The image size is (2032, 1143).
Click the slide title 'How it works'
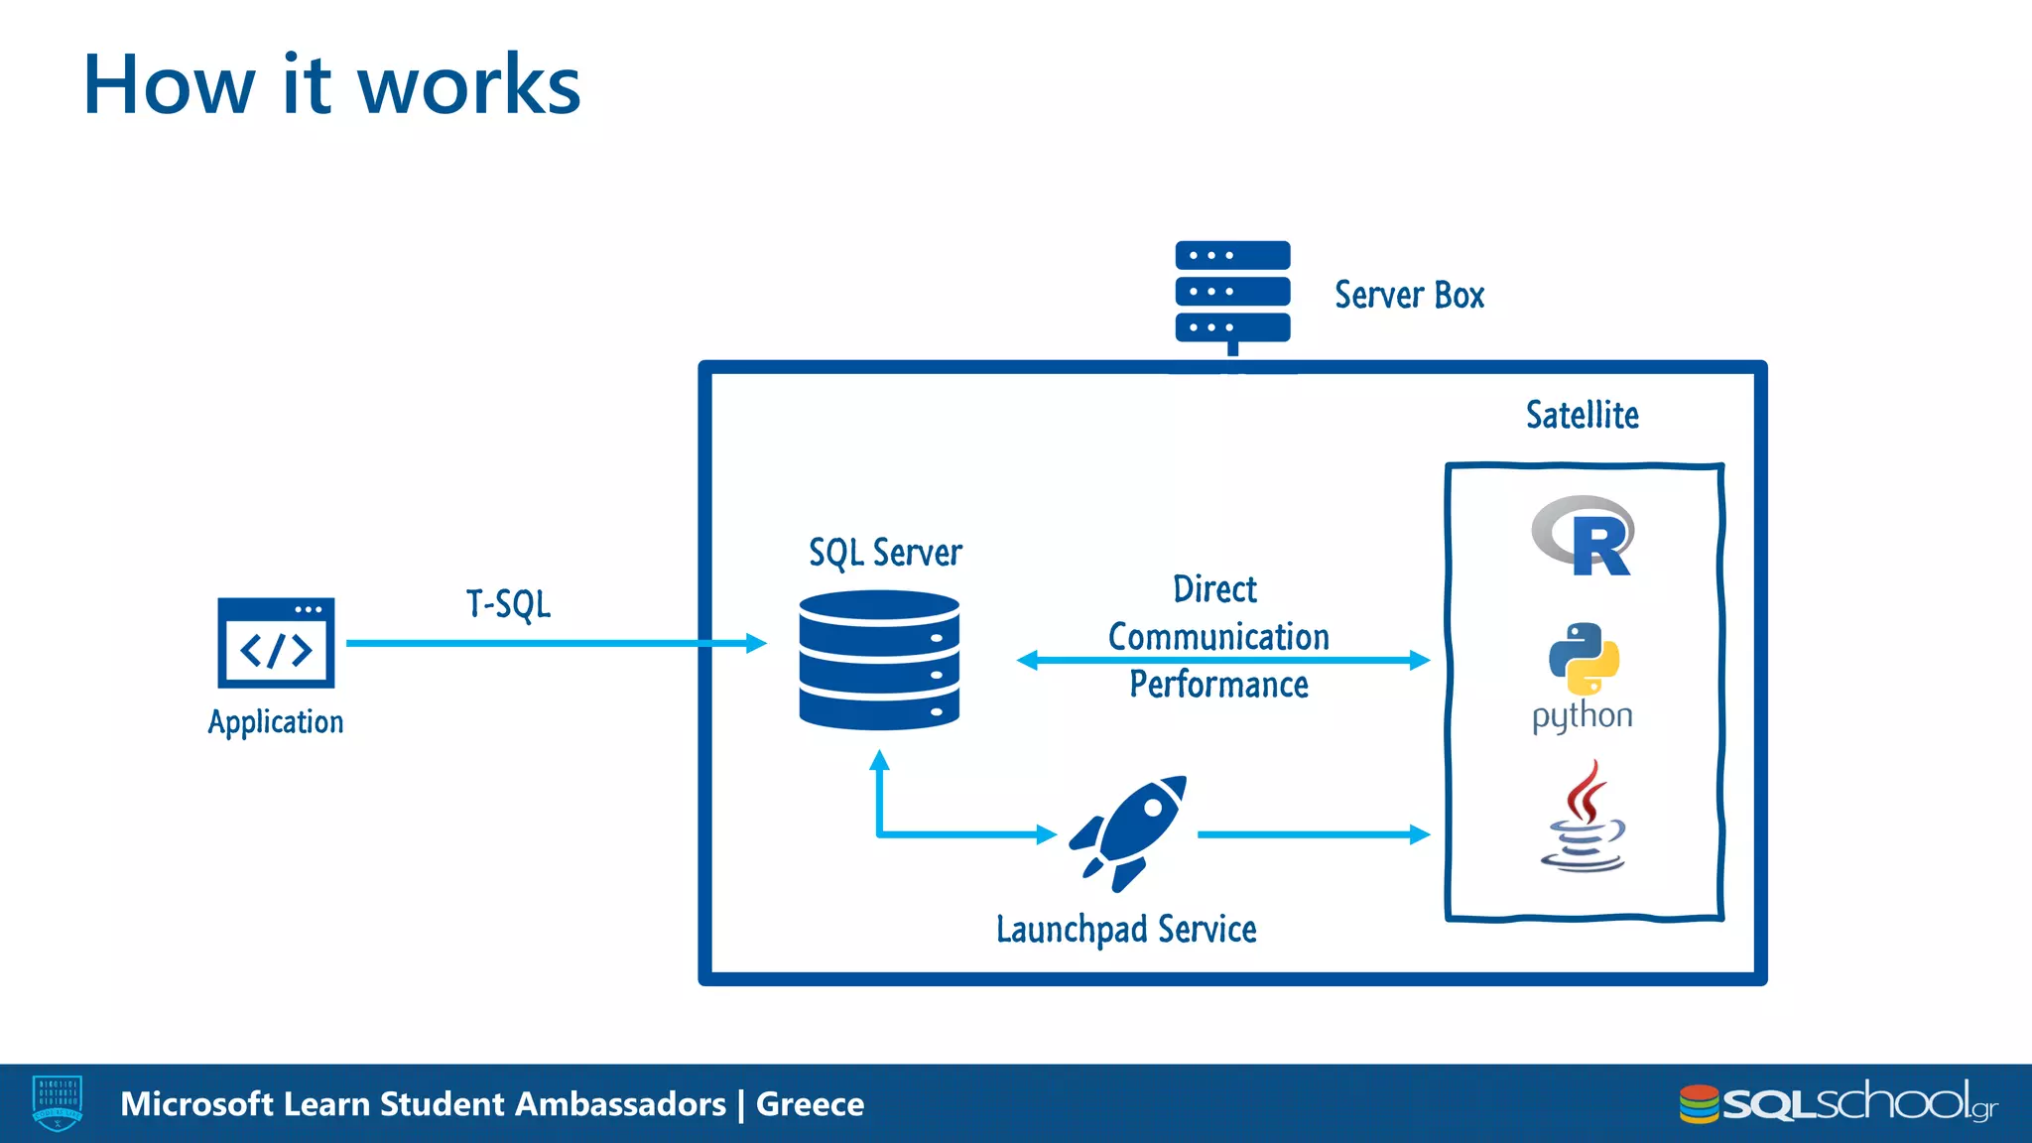pyautogui.click(x=332, y=84)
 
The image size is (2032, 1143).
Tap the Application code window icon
pyautogui.click(x=276, y=643)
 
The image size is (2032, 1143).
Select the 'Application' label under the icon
pyautogui.click(x=276, y=722)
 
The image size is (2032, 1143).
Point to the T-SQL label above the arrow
pyautogui.click(x=509, y=604)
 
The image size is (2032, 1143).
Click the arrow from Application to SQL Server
pyautogui.click(x=557, y=643)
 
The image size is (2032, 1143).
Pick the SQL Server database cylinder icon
pyautogui.click(x=879, y=660)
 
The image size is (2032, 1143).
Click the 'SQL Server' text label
pyautogui.click(x=885, y=553)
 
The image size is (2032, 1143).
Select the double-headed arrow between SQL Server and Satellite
pyautogui.click(x=1223, y=660)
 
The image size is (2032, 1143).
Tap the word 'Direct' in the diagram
pyautogui.click(x=1215, y=589)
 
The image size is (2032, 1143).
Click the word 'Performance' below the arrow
pyautogui.click(x=1219, y=685)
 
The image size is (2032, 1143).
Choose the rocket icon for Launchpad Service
pyautogui.click(x=1128, y=832)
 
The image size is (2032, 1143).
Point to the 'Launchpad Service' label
pyautogui.click(x=1127, y=930)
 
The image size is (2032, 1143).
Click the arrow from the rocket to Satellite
pyautogui.click(x=1315, y=834)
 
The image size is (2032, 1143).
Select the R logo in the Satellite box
pyautogui.click(x=1584, y=536)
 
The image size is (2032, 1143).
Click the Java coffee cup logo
pyautogui.click(x=1584, y=816)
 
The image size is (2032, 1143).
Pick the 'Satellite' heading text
pyautogui.click(x=1583, y=415)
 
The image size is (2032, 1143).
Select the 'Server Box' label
pyautogui.click(x=1410, y=295)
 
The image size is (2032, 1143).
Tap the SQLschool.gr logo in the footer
pyautogui.click(x=1839, y=1102)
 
